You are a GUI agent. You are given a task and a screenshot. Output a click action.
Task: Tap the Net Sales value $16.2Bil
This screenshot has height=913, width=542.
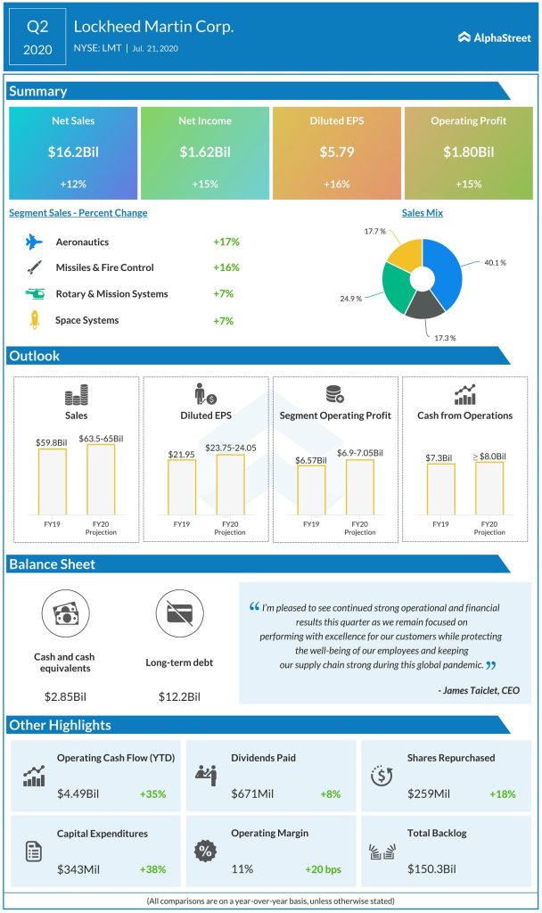coord(73,152)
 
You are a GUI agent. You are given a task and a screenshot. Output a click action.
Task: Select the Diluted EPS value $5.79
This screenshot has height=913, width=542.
coord(337,152)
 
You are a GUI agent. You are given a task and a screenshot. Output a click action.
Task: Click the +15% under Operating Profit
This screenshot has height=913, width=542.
coord(468,184)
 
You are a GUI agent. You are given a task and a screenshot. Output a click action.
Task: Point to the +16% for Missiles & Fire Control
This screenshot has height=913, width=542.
coord(226,267)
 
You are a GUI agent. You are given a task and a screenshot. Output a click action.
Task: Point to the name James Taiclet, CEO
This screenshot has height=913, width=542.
coord(478,690)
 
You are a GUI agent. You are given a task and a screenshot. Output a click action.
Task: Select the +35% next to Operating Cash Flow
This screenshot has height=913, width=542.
coord(152,794)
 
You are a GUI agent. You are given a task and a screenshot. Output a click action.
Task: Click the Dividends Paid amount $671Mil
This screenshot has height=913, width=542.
coord(255,794)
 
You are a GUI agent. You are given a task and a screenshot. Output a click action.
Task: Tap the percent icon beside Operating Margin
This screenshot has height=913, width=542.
coord(205,850)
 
